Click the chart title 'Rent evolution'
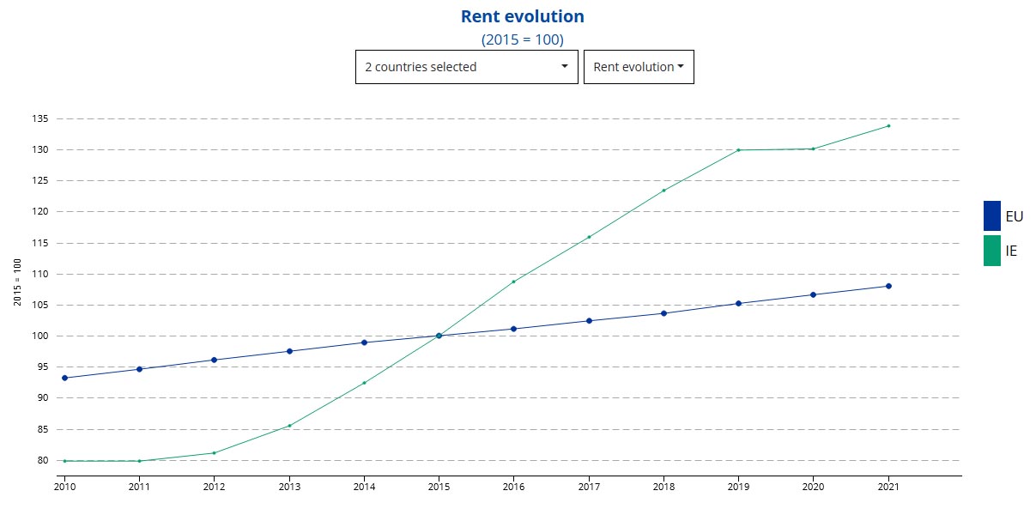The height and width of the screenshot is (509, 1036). point(522,16)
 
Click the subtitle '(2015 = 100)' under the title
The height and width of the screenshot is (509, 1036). point(522,39)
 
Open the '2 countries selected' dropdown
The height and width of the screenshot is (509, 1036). point(467,67)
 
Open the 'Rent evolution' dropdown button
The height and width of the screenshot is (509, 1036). point(639,67)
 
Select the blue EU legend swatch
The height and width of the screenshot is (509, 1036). point(991,215)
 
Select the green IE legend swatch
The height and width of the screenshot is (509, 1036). point(991,251)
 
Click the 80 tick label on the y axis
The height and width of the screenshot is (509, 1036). point(41,460)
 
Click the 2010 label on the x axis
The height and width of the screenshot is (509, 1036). point(64,486)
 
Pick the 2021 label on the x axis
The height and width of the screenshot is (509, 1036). point(888,486)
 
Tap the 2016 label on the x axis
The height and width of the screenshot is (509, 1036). point(513,486)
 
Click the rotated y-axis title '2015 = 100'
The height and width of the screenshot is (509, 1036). point(17,283)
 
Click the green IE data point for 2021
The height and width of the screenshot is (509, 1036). point(888,126)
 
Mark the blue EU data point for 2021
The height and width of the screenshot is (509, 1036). point(888,286)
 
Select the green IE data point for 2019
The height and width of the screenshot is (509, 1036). point(738,150)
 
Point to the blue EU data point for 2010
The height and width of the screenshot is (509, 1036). point(64,378)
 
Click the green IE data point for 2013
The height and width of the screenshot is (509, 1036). point(289,426)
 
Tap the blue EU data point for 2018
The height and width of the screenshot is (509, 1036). point(663,313)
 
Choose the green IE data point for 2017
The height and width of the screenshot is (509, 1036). point(589,237)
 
